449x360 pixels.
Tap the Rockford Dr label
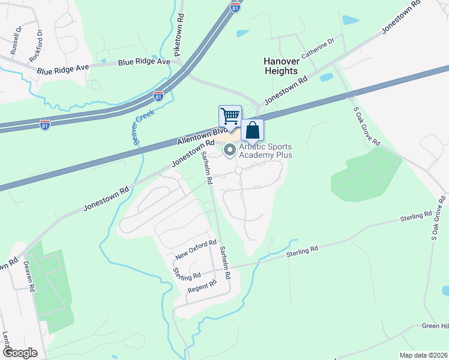37,46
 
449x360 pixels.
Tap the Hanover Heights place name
281,66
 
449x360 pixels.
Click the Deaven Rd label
29,276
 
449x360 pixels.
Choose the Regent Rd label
201,287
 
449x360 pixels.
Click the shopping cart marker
230,115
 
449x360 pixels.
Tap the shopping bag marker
253,130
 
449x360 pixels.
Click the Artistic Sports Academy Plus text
265,151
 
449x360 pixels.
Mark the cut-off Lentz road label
5,340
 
